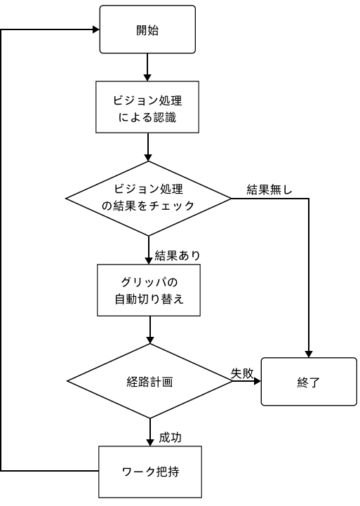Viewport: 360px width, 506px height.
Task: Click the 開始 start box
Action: (x=147, y=29)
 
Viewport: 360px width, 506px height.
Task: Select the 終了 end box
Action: (x=309, y=382)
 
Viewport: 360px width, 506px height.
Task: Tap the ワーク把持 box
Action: (x=150, y=472)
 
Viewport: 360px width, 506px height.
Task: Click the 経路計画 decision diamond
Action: (x=149, y=381)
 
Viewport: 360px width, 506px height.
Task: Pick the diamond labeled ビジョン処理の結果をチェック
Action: (x=148, y=198)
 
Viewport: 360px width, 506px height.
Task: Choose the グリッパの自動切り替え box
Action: (x=149, y=291)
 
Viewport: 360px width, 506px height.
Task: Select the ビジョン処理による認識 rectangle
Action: (x=147, y=107)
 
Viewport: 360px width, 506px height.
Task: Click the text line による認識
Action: (x=147, y=118)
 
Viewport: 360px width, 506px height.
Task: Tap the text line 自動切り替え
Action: (x=149, y=300)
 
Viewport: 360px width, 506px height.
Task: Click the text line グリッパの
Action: (x=149, y=282)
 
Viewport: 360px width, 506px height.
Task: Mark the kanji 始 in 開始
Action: (x=154, y=30)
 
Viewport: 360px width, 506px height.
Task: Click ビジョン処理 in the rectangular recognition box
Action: (x=147, y=100)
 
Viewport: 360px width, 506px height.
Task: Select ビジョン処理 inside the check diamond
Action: (x=148, y=189)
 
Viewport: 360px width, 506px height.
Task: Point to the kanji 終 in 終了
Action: (x=302, y=382)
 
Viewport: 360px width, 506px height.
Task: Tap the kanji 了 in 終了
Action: (x=315, y=382)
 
